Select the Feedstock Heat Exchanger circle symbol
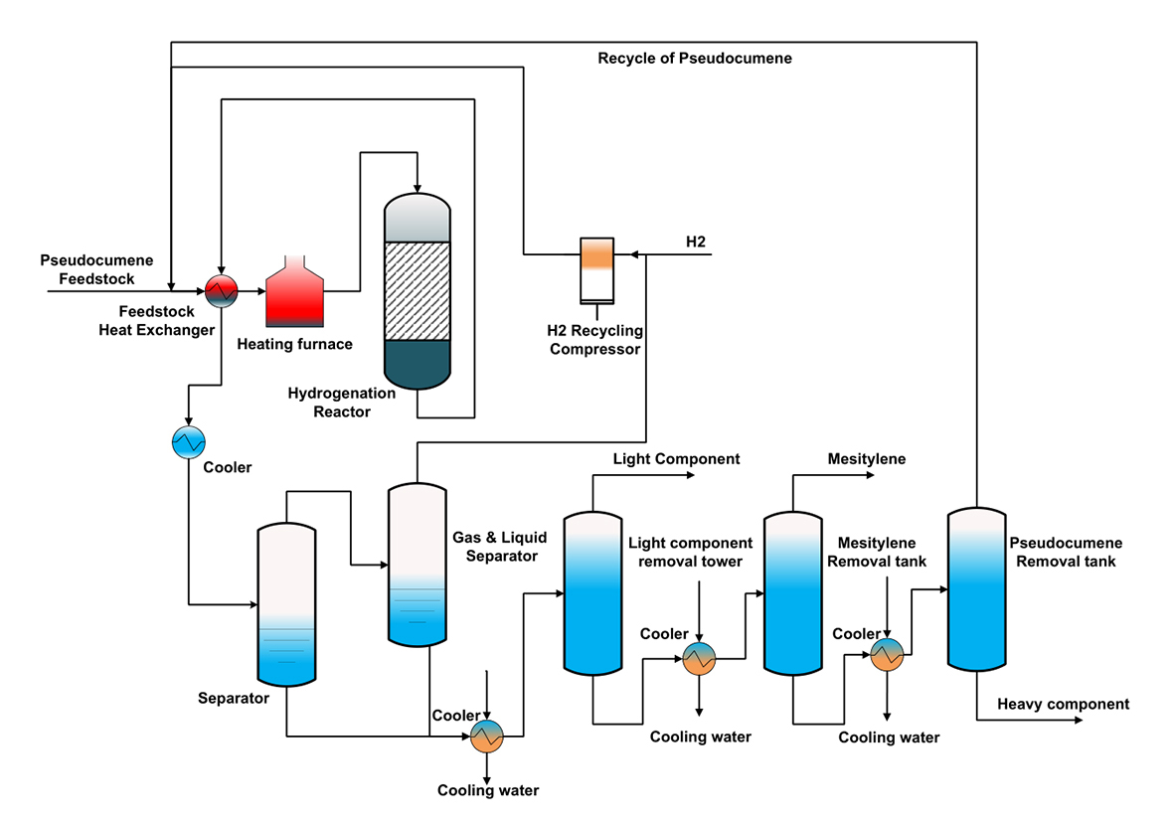coord(222,290)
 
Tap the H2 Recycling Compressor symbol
coord(597,268)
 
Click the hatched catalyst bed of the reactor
coord(418,292)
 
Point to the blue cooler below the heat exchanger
coord(188,440)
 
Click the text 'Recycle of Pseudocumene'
coord(695,59)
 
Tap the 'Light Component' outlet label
coord(676,459)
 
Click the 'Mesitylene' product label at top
coord(867,459)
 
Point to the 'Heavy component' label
coord(1064,705)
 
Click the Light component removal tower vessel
coord(593,592)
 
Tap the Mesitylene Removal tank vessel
coord(792,592)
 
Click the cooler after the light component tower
coord(700,658)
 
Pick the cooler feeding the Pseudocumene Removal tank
coord(886,653)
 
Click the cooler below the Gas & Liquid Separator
coord(487,736)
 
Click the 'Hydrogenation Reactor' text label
coord(341,402)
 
